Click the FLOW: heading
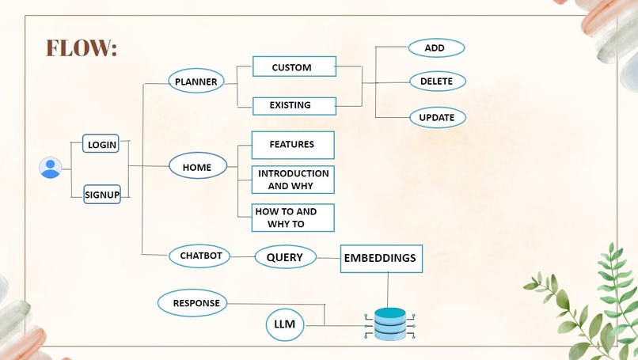pos(82,47)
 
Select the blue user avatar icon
pos(51,168)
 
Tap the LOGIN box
pos(101,143)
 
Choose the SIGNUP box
pos(102,195)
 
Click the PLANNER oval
pos(196,81)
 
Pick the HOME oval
pos(198,166)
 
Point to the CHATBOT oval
pos(199,256)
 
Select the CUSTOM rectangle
pos(294,66)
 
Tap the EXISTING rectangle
pos(294,106)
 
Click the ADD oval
pos(437,48)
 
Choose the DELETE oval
pos(438,81)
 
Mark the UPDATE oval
pos(438,118)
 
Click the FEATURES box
pos(293,145)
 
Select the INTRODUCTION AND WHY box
pos(293,180)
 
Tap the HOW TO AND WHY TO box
pos(293,218)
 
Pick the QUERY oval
pos(286,256)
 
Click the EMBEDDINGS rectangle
pos(382,259)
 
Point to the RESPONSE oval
pos(192,303)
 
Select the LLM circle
pos(285,324)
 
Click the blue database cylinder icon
pos(389,324)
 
